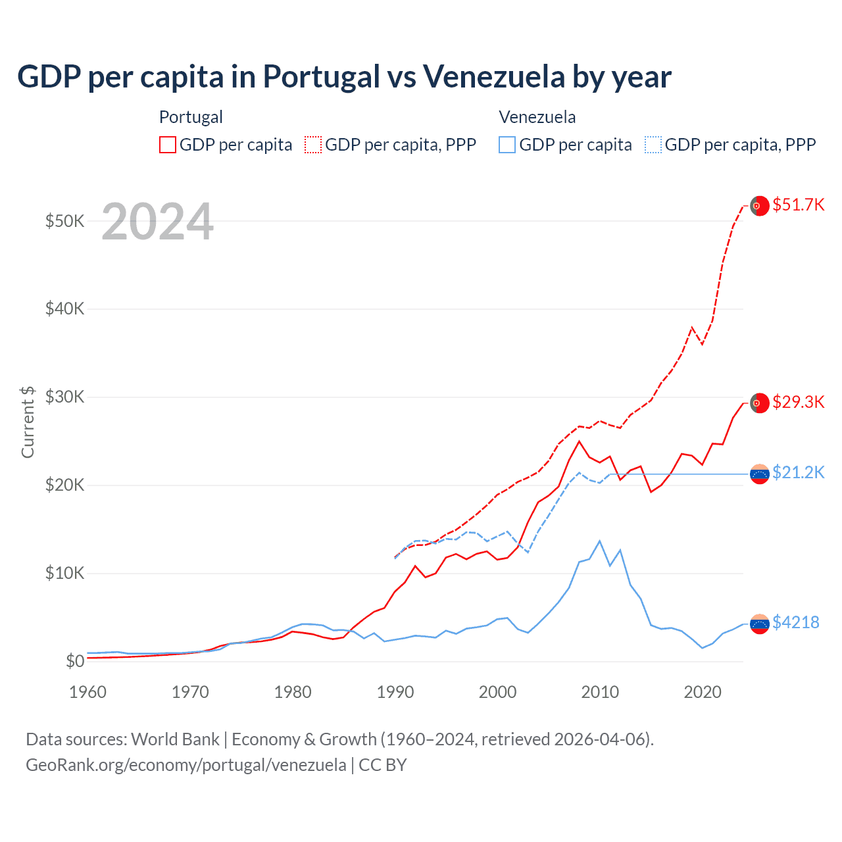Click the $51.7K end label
tap(798, 205)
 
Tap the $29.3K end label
tap(798, 402)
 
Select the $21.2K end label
tap(798, 472)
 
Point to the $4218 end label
tap(795, 622)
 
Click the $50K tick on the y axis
tap(64, 221)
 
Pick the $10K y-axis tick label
tap(64, 573)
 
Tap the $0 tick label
tap(74, 661)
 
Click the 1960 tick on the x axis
tap(87, 692)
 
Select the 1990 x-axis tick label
tap(395, 692)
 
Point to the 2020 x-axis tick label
tap(703, 692)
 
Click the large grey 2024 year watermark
tap(158, 222)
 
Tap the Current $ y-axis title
tap(28, 422)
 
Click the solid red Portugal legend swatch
tap(168, 145)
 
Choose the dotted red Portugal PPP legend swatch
tap(313, 145)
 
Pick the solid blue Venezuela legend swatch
tap(507, 145)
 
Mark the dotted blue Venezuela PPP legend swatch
tap(653, 145)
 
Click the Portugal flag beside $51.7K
tap(760, 206)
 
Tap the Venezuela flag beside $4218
tap(760, 624)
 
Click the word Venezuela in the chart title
tap(493, 76)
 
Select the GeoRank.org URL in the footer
tap(186, 765)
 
